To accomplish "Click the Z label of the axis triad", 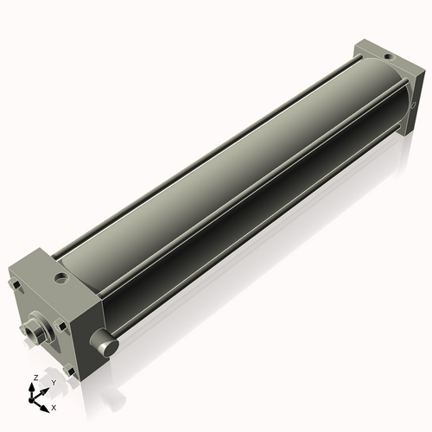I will click(x=35, y=378).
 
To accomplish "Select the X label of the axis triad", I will click(x=54, y=405).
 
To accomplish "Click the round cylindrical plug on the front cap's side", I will click(x=107, y=345).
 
